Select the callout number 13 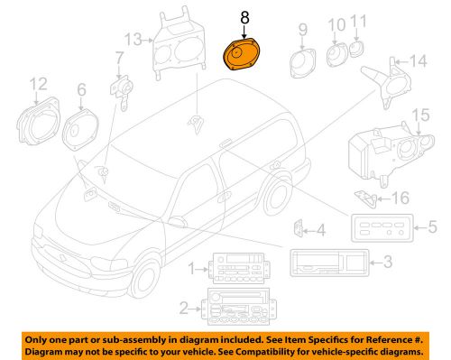click(133, 40)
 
